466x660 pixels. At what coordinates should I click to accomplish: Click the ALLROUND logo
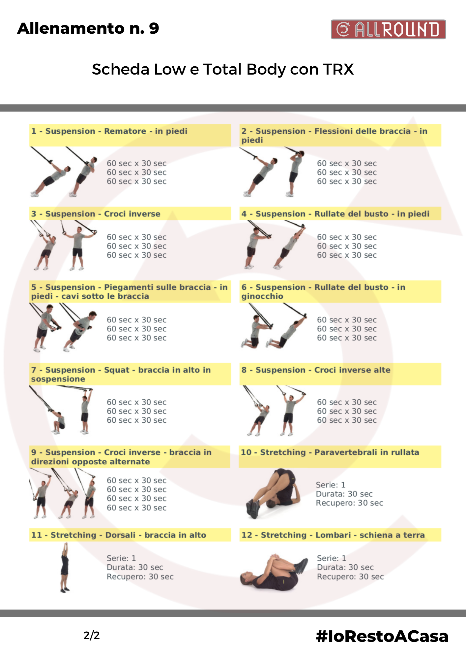coord(388,29)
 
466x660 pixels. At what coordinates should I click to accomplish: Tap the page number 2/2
coord(92,636)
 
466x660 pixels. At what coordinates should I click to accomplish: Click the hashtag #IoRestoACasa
coord(382,636)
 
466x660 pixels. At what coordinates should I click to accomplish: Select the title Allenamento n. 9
coord(88,28)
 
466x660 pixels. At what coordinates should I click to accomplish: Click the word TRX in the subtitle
coord(338,69)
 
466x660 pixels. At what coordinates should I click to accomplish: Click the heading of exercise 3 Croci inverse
coord(96,214)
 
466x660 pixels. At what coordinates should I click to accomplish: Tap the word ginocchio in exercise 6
coord(262,296)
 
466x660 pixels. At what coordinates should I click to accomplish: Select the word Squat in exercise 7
coord(117,370)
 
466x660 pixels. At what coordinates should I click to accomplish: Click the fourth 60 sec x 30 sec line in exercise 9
coord(136,508)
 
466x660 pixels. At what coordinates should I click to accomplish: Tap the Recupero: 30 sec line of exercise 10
coord(349,503)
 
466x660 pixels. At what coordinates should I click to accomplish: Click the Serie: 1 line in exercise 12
coord(331,558)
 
